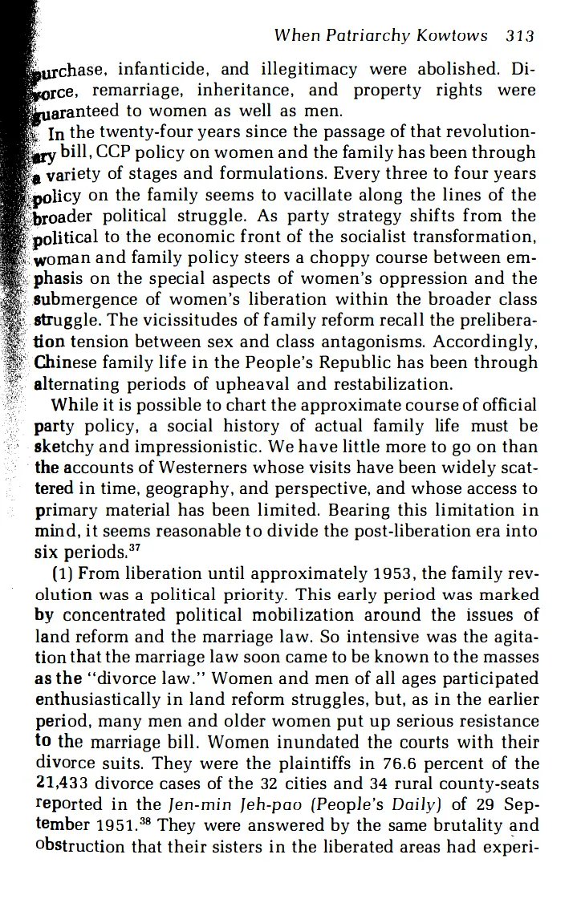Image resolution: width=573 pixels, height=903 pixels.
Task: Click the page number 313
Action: tap(521, 35)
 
